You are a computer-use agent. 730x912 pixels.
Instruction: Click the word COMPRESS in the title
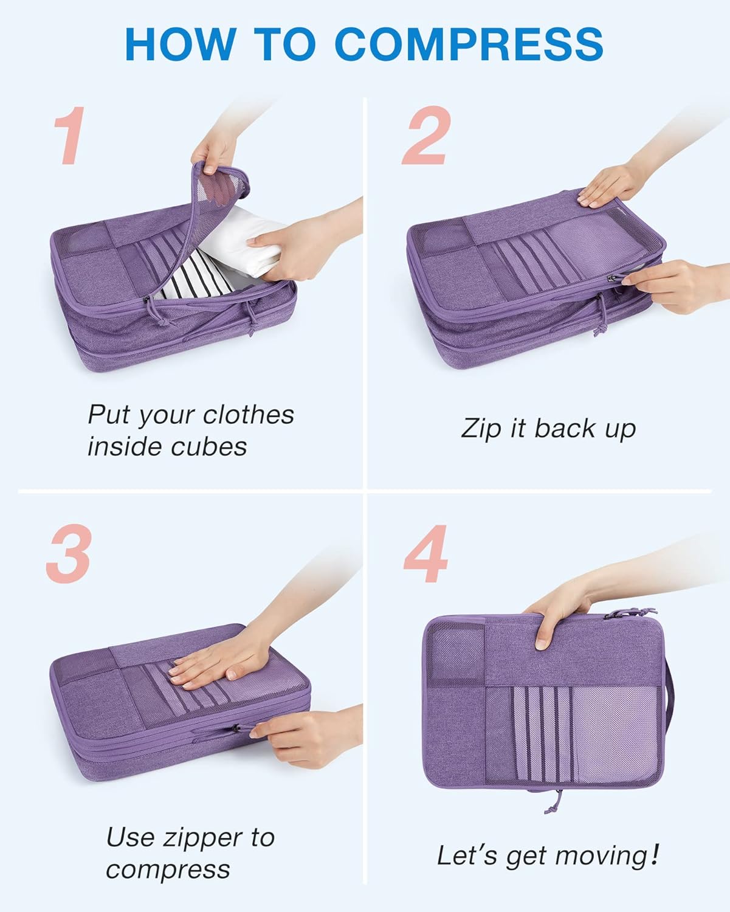469,44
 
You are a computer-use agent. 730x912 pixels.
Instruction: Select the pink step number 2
426,135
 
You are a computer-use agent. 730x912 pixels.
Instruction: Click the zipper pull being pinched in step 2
615,278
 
